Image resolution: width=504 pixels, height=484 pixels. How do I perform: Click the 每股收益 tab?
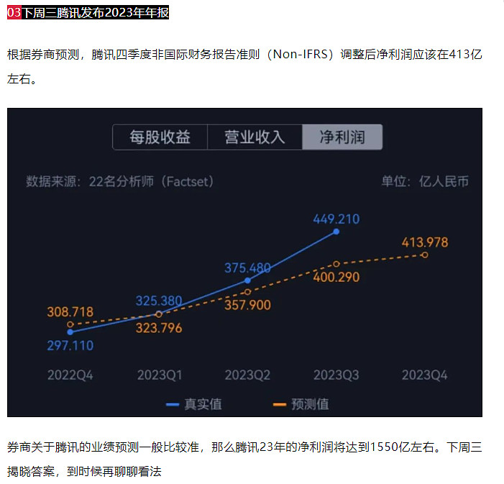click(160, 137)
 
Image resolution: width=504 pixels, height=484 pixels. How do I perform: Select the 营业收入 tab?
click(255, 137)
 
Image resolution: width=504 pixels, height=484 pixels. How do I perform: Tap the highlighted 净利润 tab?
click(342, 137)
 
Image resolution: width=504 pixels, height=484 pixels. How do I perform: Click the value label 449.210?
click(336, 219)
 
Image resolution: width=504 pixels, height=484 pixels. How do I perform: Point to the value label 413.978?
click(424, 242)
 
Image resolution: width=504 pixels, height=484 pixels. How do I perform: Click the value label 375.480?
click(247, 268)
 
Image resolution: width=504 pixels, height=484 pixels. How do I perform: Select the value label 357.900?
click(247, 305)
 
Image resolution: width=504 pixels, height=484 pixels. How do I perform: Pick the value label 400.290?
click(336, 277)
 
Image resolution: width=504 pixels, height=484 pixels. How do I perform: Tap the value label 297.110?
click(70, 345)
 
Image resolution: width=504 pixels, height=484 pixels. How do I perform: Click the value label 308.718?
click(70, 312)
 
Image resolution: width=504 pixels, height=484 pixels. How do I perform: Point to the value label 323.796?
click(159, 328)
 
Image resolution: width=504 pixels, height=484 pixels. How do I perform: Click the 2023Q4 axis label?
click(424, 375)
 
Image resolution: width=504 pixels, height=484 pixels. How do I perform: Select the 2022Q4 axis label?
click(70, 375)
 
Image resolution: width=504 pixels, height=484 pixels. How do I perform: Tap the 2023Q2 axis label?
click(247, 375)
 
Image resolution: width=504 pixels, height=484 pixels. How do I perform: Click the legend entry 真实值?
click(194, 404)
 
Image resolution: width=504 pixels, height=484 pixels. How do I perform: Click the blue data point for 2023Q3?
click(336, 232)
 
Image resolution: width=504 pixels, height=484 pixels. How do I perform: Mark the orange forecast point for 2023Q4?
click(424, 255)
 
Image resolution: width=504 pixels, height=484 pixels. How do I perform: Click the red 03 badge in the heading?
click(14, 12)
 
